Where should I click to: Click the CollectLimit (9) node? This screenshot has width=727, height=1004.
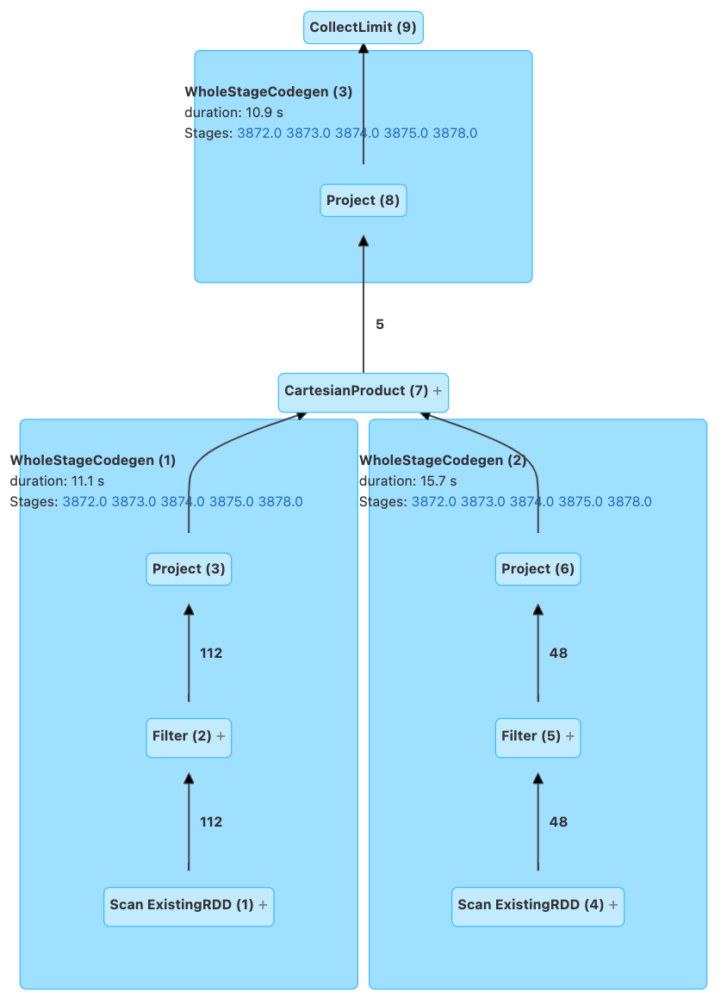pos(363,28)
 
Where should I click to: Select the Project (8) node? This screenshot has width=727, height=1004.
pos(363,201)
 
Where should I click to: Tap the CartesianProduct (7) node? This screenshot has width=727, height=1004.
pos(356,391)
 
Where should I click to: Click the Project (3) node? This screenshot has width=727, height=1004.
pos(189,569)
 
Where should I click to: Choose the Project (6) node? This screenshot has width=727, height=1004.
pos(537,569)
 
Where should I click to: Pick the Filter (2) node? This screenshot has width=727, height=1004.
pos(182,737)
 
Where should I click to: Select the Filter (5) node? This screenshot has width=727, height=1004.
pos(531,737)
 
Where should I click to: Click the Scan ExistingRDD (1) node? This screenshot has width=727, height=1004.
pos(182,906)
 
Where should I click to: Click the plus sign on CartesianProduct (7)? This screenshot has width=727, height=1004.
pos(438,391)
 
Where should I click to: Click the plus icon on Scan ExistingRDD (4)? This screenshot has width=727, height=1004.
pos(613,906)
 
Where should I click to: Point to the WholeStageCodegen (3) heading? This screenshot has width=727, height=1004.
pos(268,92)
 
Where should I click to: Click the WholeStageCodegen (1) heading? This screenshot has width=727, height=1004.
pos(92,461)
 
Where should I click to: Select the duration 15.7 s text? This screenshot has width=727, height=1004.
pos(407,481)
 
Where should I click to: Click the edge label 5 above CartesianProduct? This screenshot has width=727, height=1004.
pos(380,325)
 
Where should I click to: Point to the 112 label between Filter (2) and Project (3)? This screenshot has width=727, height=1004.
pos(211,654)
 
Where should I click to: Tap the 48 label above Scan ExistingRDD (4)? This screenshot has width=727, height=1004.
pos(558,822)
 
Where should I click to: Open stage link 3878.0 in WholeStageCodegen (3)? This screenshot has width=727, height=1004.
pos(455,133)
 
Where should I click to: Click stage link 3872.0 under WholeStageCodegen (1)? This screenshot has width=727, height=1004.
pos(84,502)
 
